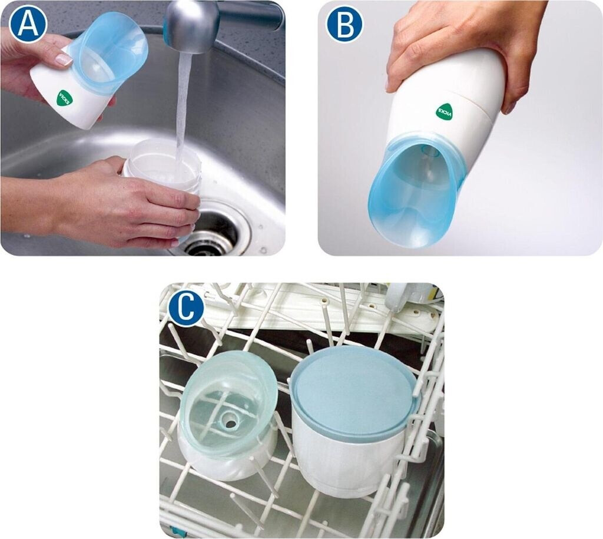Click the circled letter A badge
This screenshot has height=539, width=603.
[28, 24]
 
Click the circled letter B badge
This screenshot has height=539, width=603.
[344, 24]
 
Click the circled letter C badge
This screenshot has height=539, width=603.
[186, 308]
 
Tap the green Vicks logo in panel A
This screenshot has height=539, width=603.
[64, 98]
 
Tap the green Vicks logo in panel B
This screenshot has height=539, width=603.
[445, 112]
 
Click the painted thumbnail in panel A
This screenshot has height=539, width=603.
[64, 59]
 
